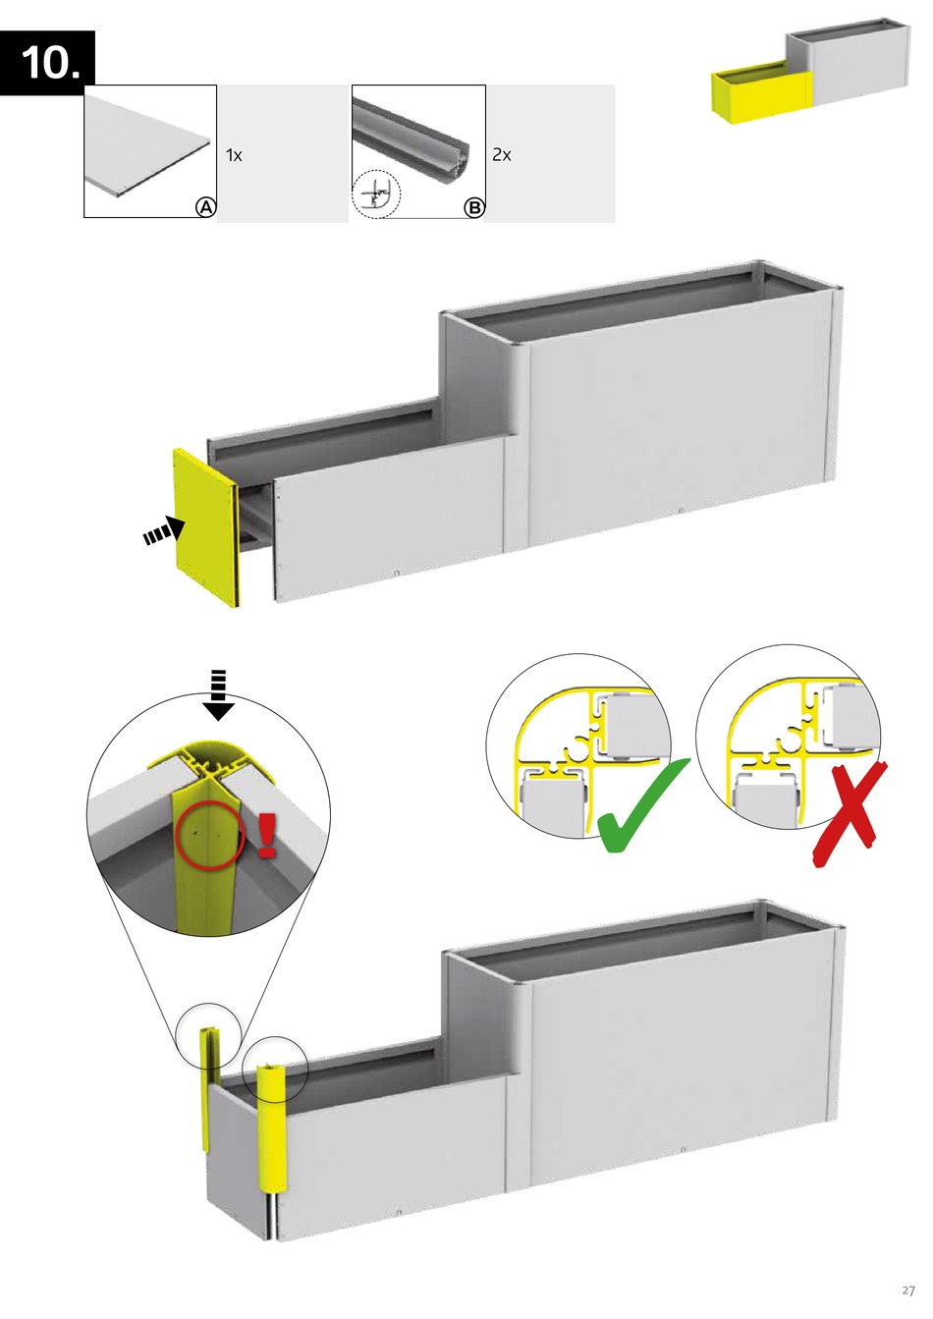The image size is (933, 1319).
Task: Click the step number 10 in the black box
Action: click(x=49, y=63)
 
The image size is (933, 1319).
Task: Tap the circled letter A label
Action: click(x=206, y=207)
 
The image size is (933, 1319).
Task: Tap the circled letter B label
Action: click(x=473, y=207)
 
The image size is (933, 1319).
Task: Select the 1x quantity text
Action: click(x=234, y=155)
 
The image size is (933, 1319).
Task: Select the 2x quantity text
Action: click(x=502, y=155)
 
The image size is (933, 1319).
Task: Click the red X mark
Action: click(x=851, y=813)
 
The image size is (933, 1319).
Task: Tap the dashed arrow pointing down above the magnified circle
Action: click(x=218, y=695)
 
